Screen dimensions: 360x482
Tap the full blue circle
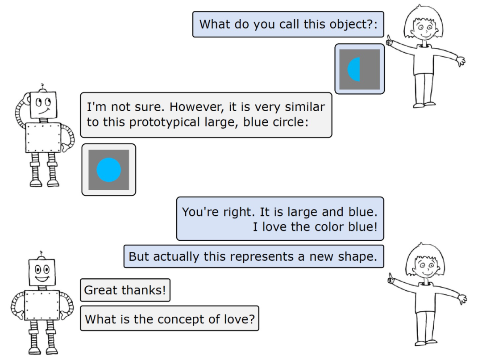pyautogui.click(x=109, y=170)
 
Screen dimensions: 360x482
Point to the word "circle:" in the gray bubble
pyautogui.click(x=292, y=122)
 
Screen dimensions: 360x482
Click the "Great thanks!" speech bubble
pyautogui.click(x=125, y=290)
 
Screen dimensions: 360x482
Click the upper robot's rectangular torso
pyautogui.click(x=43, y=138)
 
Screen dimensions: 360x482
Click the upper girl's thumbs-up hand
pyautogui.click(x=391, y=41)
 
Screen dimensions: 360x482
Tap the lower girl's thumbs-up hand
pyautogui.click(x=392, y=280)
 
